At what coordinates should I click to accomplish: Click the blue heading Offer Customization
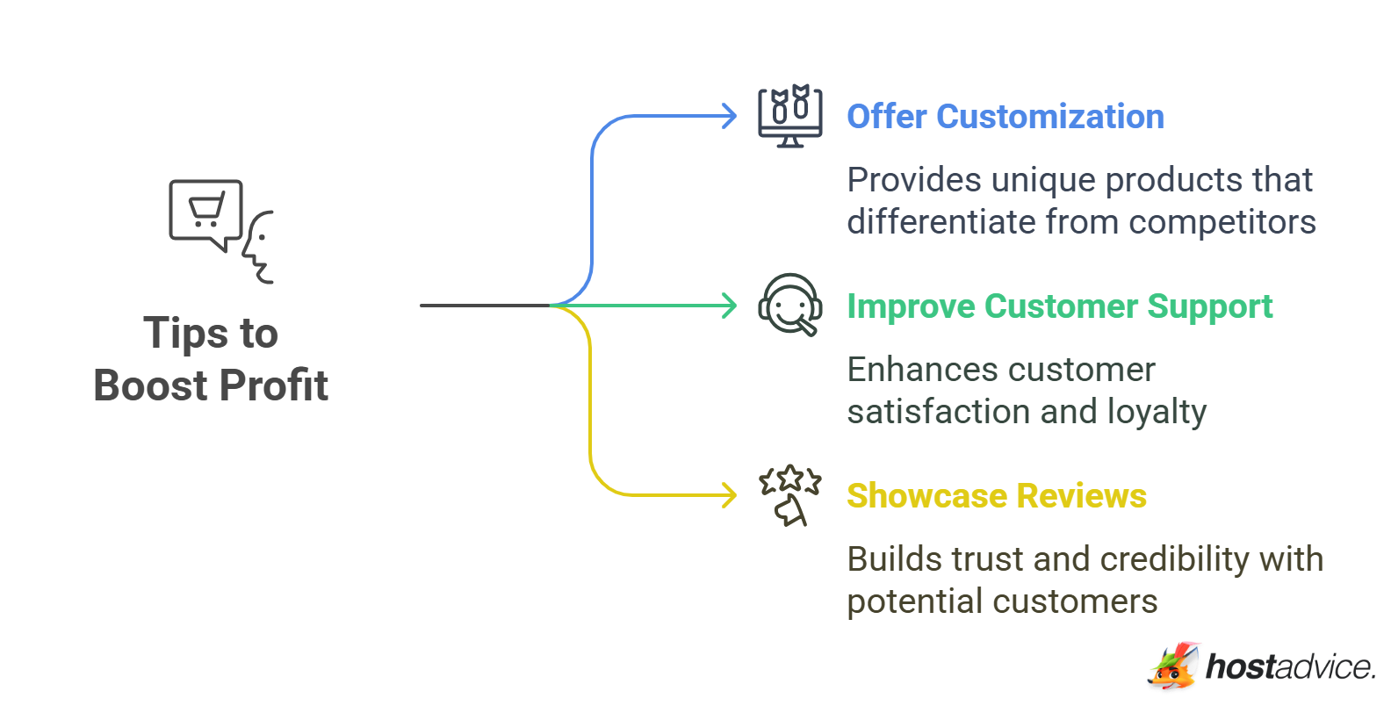pos(1005,117)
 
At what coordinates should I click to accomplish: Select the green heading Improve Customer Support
pos(1060,306)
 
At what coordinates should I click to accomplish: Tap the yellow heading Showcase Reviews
pos(997,496)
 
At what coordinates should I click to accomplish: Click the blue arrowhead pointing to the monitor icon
pos(728,116)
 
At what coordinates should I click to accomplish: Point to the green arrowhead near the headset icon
pos(728,306)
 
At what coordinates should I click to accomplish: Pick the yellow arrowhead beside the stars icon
pos(728,495)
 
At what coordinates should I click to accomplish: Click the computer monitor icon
pos(789,116)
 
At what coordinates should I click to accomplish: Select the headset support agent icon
pos(789,305)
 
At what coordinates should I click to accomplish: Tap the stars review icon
pos(789,495)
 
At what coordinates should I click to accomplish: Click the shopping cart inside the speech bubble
pos(206,210)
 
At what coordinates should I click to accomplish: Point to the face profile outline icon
pos(257,248)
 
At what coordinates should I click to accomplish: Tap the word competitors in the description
pos(1222,223)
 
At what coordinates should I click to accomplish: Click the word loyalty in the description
pos(1157,413)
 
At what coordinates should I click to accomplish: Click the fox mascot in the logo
pos(1173,666)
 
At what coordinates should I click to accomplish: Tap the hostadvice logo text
pos(1290,667)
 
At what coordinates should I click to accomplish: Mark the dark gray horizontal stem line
pos(486,306)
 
